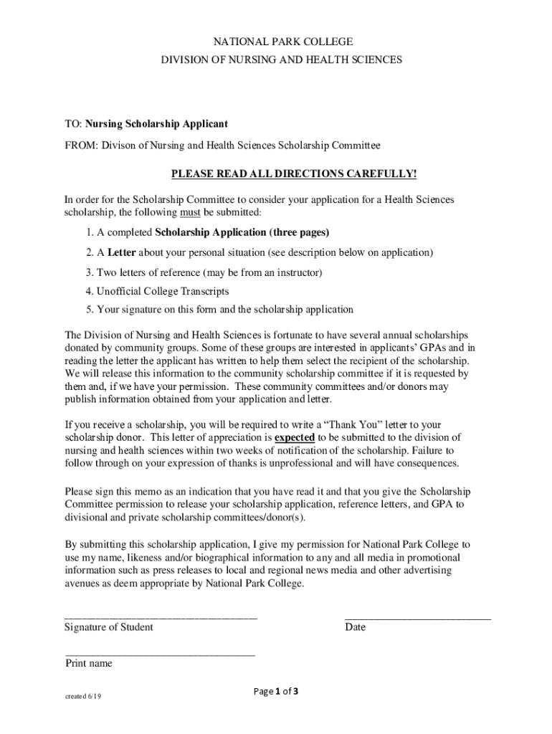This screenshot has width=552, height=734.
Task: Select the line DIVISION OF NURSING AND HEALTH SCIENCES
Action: click(x=281, y=60)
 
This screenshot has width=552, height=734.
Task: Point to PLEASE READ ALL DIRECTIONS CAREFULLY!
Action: click(x=292, y=174)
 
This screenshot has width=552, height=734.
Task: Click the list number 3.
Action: click(x=88, y=272)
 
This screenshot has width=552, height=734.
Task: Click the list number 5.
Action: click(x=88, y=310)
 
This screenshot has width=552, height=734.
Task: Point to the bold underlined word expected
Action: click(x=295, y=437)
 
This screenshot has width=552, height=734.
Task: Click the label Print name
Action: click(x=89, y=664)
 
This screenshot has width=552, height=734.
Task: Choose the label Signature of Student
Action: click(x=109, y=627)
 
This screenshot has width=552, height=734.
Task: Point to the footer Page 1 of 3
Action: click(x=276, y=692)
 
